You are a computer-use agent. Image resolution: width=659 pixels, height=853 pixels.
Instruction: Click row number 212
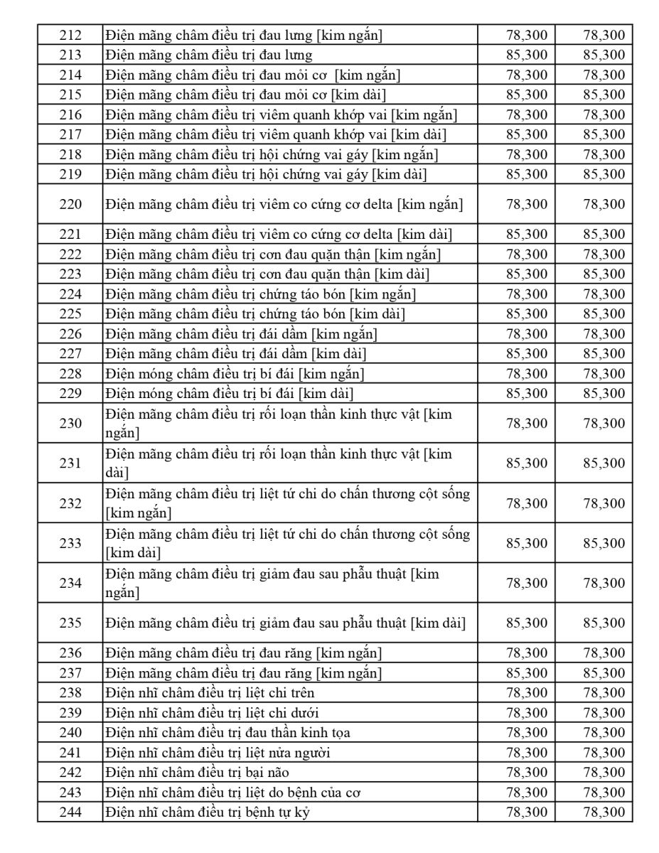coord(70,35)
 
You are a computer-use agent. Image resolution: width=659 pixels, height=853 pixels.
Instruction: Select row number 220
coord(70,205)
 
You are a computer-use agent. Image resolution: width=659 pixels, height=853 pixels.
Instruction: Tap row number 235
coord(70,623)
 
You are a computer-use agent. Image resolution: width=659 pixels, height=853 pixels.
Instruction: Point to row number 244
coord(70,812)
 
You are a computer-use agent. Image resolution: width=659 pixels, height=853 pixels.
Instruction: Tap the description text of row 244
coord(208,812)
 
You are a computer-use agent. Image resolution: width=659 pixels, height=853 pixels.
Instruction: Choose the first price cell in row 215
coord(527,95)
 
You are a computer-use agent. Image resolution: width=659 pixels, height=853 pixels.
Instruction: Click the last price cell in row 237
coord(604,673)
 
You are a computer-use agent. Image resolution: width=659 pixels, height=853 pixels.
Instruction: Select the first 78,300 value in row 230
coord(527,424)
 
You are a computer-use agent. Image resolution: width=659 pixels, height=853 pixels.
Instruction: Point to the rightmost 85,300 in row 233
coord(604,544)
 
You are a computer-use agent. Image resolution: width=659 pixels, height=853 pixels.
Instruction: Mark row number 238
coord(70,693)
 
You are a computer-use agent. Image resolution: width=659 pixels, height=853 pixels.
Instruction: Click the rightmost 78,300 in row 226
coord(604,334)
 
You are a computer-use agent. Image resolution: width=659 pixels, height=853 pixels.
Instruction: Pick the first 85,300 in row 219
coord(527,174)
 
